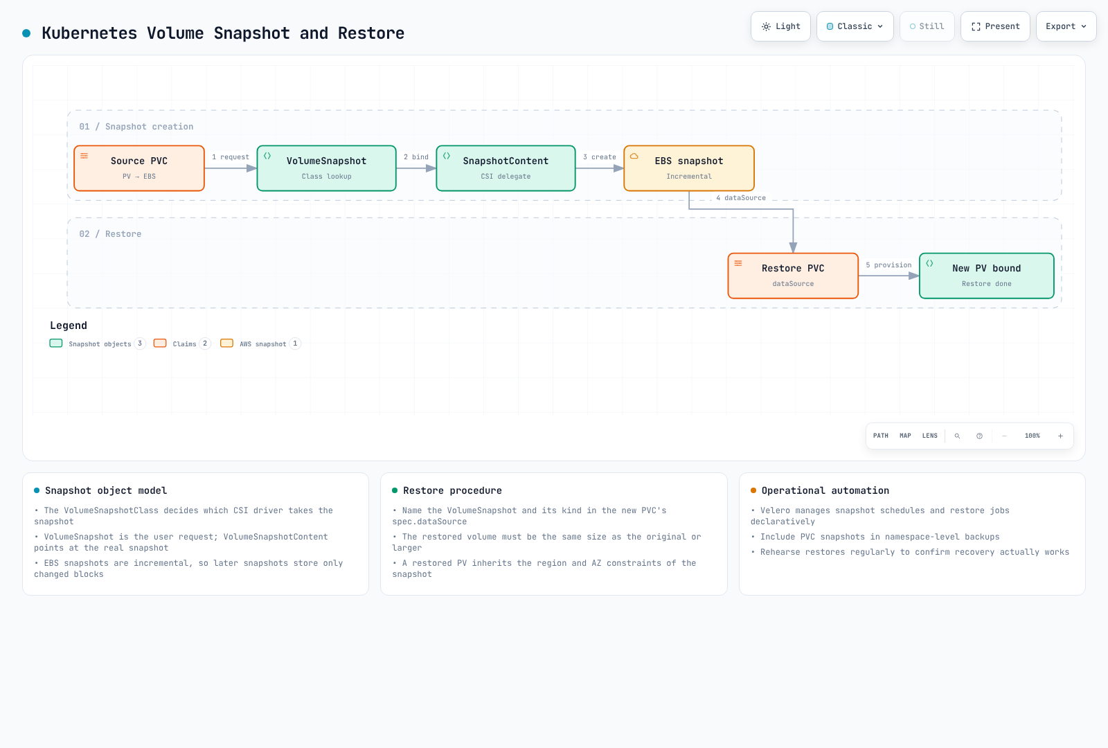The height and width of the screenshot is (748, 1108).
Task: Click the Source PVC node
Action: [x=139, y=168]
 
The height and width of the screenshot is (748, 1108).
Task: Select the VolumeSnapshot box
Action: [x=326, y=168]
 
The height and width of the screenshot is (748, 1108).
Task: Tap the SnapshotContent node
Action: [x=506, y=168]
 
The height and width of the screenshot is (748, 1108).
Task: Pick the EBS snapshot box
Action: [x=689, y=168]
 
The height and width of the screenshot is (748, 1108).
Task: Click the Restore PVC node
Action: [x=793, y=276]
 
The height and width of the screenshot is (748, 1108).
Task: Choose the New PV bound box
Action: [x=986, y=276]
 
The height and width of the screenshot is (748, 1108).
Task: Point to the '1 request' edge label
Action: [x=231, y=157]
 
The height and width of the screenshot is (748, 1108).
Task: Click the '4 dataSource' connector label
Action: [x=741, y=198]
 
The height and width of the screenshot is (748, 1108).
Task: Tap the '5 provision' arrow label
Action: [x=888, y=265]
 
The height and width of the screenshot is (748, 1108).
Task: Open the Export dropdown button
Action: [x=1066, y=26]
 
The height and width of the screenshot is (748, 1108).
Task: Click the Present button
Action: [x=995, y=26]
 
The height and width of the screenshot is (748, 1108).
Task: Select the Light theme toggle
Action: [x=780, y=26]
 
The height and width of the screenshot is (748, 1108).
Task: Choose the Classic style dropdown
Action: [x=855, y=26]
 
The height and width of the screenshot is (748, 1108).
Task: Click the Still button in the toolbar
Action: [x=927, y=26]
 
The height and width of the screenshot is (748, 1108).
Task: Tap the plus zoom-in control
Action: [x=1060, y=436]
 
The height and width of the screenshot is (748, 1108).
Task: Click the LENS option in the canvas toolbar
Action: [x=930, y=436]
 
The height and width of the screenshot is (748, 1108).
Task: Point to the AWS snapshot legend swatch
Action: [x=226, y=344]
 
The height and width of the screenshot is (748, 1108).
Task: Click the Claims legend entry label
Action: [x=184, y=344]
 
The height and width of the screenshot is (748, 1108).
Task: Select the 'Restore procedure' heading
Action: [x=453, y=490]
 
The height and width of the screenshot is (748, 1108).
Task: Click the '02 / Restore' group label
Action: [x=110, y=234]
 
